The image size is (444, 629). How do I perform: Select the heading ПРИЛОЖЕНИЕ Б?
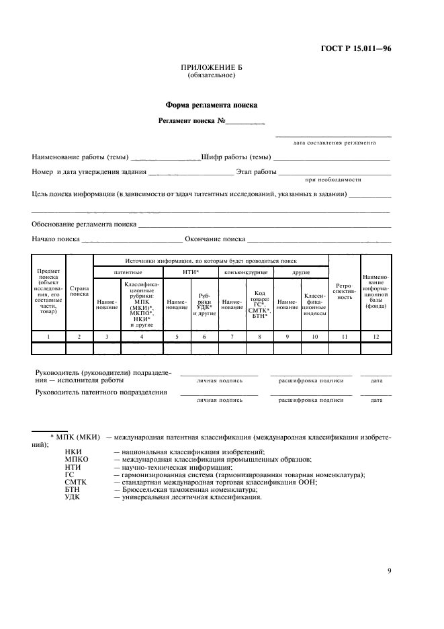211,69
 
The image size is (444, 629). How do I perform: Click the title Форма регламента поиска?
211,105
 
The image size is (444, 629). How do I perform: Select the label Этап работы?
256,172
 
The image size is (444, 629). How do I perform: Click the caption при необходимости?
333,180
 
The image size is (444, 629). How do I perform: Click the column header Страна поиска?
79,290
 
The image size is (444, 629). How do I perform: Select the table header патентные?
128,272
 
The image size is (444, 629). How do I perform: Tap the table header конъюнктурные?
246,272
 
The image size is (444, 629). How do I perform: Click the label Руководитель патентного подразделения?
101,392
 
